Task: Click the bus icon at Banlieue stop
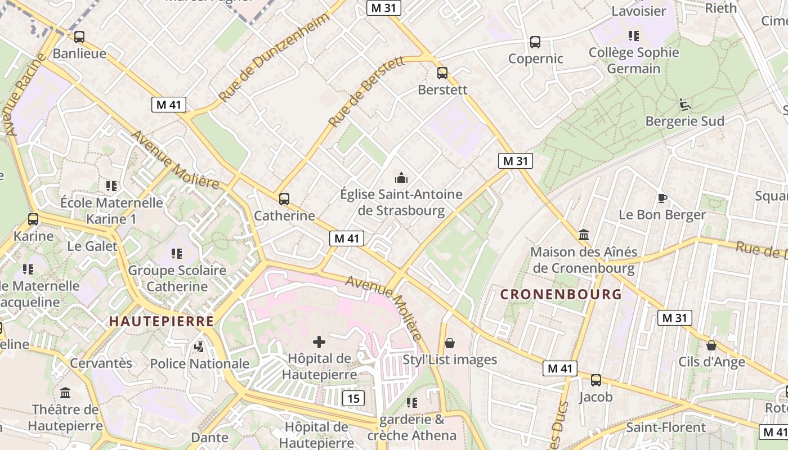[79, 37]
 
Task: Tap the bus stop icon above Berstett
[442, 73]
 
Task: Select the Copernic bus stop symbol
[535, 42]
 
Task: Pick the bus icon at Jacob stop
[596, 380]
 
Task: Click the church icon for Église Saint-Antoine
[401, 178]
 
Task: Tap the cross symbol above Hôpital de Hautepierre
[319, 341]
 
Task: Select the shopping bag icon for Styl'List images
[450, 343]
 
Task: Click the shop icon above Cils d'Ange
[711, 345]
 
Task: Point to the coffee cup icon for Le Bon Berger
[662, 198]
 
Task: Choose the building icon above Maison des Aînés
[584, 235]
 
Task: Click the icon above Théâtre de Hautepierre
[65, 393]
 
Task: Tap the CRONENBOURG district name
[561, 294]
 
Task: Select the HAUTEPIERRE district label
[162, 321]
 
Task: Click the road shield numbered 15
[353, 398]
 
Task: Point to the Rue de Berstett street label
[366, 91]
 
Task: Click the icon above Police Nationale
[199, 347]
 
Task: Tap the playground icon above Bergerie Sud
[684, 104]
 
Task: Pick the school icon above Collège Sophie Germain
[634, 36]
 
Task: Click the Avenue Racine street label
[23, 94]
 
